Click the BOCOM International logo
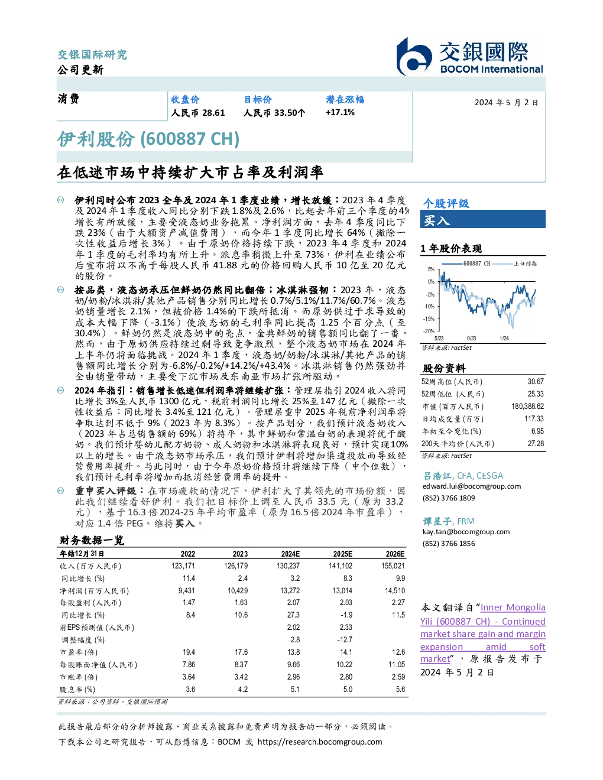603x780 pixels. coord(470,56)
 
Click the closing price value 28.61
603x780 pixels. coord(213,113)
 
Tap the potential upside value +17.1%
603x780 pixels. coord(340,112)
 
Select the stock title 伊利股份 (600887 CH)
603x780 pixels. coord(148,139)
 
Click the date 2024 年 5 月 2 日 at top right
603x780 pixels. coord(506,103)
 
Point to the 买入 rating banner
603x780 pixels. coord(482,219)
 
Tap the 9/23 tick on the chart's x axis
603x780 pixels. coord(471,338)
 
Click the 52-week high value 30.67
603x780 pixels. coord(536,381)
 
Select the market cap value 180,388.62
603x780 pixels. coord(527,406)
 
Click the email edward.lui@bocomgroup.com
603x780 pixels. coord(472,486)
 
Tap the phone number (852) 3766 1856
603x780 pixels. coord(449,544)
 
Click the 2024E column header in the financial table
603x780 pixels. coord(290,554)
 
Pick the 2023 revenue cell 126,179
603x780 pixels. coord(236,565)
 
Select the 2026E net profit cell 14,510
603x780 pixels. coord(395,590)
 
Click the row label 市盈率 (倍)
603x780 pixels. coord(78,652)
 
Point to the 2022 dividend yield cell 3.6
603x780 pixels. coord(190,689)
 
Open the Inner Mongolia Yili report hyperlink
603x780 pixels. coord(482,633)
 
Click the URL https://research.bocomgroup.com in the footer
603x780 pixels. coord(320,742)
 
